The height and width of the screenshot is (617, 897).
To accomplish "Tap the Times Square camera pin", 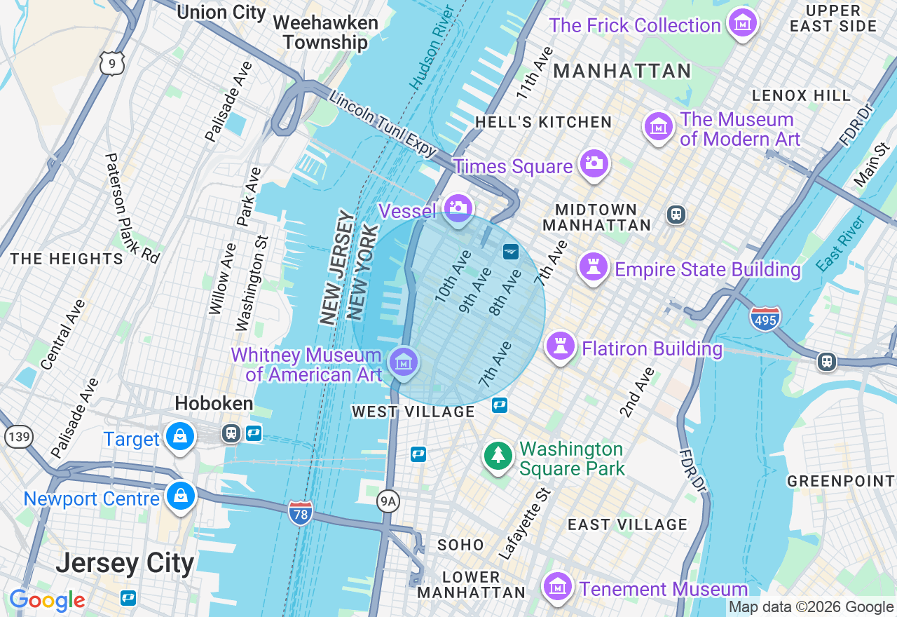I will pyautogui.click(x=593, y=163).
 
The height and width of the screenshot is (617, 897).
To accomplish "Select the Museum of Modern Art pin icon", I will pyautogui.click(x=658, y=126).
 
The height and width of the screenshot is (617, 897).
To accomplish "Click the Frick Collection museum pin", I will pyautogui.click(x=742, y=23).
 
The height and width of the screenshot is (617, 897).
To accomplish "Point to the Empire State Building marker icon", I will pyautogui.click(x=593, y=267).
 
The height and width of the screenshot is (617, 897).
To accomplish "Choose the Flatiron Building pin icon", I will pyautogui.click(x=560, y=346).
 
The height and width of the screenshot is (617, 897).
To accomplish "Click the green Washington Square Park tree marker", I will pyautogui.click(x=498, y=456).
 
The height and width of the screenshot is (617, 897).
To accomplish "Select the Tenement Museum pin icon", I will pyautogui.click(x=558, y=586).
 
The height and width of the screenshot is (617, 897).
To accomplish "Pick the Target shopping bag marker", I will pyautogui.click(x=180, y=436).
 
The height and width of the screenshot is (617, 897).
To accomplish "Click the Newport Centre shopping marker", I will pyautogui.click(x=181, y=496).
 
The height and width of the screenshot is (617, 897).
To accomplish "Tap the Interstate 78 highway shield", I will pyautogui.click(x=300, y=513).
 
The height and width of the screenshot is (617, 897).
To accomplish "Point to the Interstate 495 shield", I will pyautogui.click(x=765, y=319).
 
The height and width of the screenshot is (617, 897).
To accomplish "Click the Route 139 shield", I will pyautogui.click(x=18, y=437).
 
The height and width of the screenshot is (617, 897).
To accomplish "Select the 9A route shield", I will pyautogui.click(x=388, y=501).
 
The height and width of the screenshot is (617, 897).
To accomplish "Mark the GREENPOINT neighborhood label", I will pyautogui.click(x=841, y=481).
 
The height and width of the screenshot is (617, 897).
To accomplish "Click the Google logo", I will pyautogui.click(x=47, y=601).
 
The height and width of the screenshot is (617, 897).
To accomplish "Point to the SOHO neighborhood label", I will pyautogui.click(x=460, y=545).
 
